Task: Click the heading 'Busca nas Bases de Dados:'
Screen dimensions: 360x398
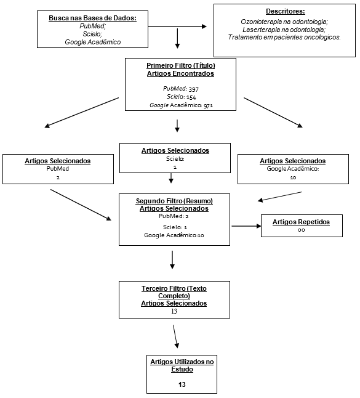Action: pyautogui.click(x=92, y=18)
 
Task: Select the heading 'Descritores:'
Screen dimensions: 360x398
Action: pyautogui.click(x=285, y=12)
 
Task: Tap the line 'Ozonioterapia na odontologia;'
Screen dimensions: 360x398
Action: pyautogui.click(x=284, y=22)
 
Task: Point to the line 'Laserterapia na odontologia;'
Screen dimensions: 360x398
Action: pyautogui.click(x=284, y=30)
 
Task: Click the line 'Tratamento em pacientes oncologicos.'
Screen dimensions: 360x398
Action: pyautogui.click(x=284, y=38)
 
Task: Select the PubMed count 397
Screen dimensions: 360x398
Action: pyautogui.click(x=194, y=89)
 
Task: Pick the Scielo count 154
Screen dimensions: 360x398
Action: pyautogui.click(x=191, y=97)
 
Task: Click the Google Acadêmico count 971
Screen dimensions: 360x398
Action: pyautogui.click(x=208, y=105)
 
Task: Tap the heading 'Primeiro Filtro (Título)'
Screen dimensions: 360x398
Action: pyautogui.click(x=181, y=65)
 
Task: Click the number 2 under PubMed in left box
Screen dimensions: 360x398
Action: pyautogui.click(x=58, y=177)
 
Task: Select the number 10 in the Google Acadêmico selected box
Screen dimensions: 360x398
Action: pyautogui.click(x=293, y=177)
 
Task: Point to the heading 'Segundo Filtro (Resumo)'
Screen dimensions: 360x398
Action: pyautogui.click(x=174, y=201)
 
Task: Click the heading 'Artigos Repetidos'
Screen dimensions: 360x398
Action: pyautogui.click(x=301, y=222)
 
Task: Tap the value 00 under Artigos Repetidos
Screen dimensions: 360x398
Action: pyautogui.click(x=301, y=230)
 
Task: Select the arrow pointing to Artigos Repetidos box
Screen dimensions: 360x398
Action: pyautogui.click(x=246, y=226)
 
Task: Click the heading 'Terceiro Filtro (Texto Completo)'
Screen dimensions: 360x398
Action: pyautogui.click(x=174, y=292)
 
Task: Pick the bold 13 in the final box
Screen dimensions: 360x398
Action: pyautogui.click(x=182, y=384)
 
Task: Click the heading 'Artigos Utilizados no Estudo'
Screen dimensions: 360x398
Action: pyautogui.click(x=182, y=365)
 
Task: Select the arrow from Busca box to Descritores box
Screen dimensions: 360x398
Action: pyautogui.click(x=177, y=26)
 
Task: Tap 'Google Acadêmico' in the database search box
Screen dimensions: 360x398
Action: pyautogui.click(x=93, y=42)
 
